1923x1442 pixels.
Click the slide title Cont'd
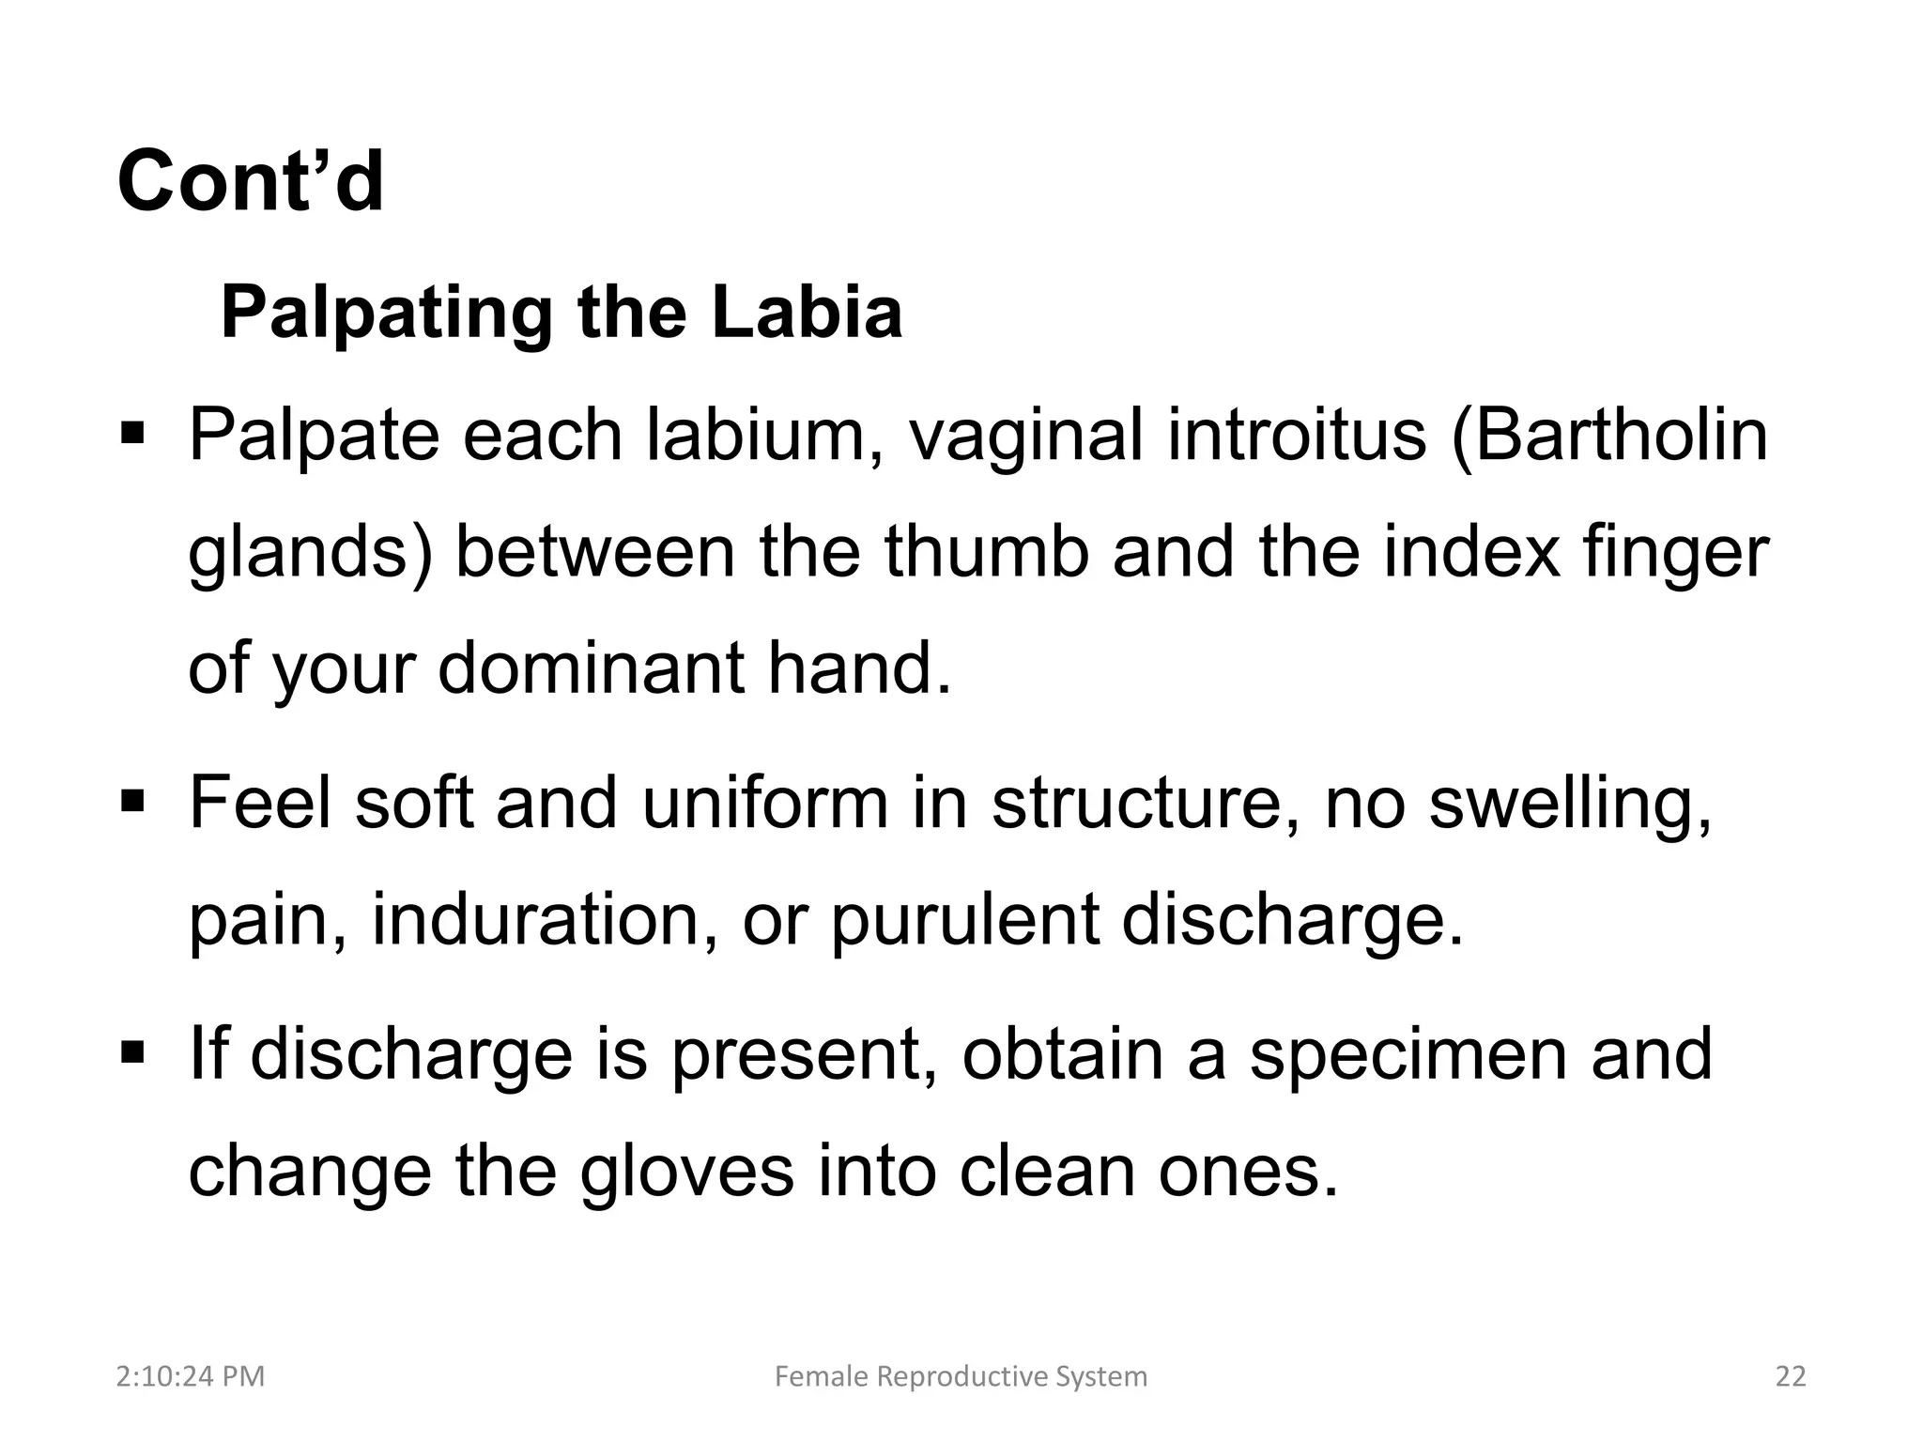[x=251, y=181]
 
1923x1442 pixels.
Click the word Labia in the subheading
[x=807, y=312]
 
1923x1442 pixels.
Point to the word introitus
[x=1297, y=436]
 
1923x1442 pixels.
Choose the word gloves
[x=686, y=1173]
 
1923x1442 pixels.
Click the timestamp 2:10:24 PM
[x=191, y=1376]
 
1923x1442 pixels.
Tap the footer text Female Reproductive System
[x=961, y=1376]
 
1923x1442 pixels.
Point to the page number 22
[x=1791, y=1376]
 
